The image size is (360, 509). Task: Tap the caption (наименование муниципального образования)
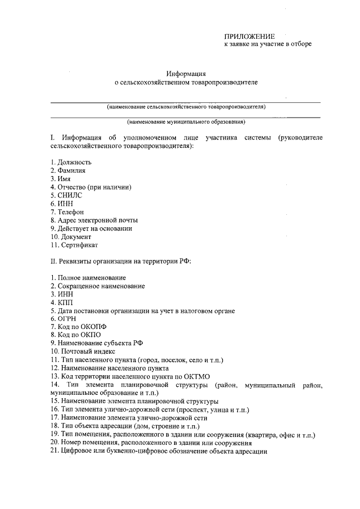coord(186,121)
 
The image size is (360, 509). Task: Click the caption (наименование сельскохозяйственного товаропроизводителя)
coord(186,107)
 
